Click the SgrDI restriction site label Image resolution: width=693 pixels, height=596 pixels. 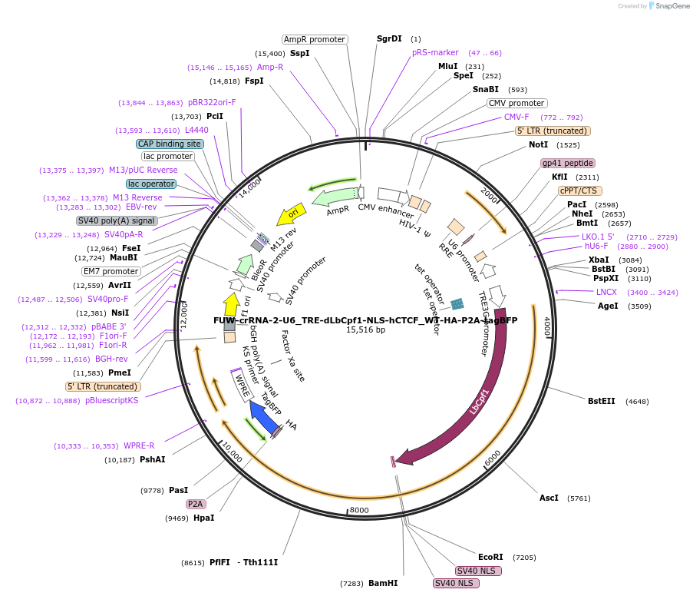389,38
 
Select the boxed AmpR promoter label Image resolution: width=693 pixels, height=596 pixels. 314,39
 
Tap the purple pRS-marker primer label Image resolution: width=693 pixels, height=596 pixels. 434,53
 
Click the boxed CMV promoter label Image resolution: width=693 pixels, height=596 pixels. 516,103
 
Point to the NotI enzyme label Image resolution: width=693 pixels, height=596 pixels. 538,144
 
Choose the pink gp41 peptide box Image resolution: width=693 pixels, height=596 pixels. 568,163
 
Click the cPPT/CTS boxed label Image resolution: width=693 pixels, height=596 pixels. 579,190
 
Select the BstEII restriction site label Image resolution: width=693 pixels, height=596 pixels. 601,401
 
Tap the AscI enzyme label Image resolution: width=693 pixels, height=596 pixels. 549,498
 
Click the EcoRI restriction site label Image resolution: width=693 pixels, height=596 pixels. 490,557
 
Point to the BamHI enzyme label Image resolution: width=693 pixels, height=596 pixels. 382,583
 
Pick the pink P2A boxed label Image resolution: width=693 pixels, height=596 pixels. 196,504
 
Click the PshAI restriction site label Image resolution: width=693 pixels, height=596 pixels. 152,459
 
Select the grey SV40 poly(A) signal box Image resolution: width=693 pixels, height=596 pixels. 116,220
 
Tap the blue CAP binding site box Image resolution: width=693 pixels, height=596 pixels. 170,144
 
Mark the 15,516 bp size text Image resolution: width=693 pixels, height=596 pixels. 365,329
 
